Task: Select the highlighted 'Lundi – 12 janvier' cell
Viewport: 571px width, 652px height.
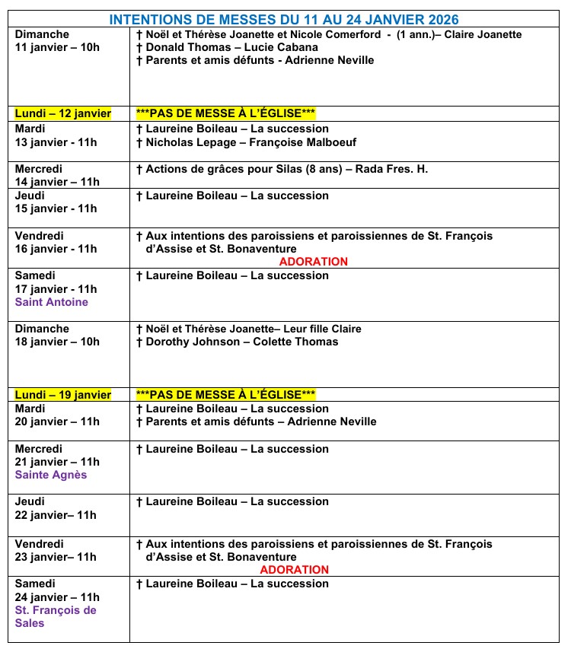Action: (x=63, y=113)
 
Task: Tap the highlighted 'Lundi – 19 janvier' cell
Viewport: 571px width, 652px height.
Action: (x=63, y=394)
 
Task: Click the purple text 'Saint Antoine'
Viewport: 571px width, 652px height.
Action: (x=52, y=302)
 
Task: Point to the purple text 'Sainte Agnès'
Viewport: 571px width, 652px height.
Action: (x=51, y=475)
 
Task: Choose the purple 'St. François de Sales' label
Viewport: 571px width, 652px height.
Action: (x=56, y=616)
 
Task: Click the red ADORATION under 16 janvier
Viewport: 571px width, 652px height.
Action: (x=313, y=262)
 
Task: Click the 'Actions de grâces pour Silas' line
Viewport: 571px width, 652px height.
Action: (x=281, y=169)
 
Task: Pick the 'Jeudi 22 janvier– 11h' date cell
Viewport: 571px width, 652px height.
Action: (x=56, y=508)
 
